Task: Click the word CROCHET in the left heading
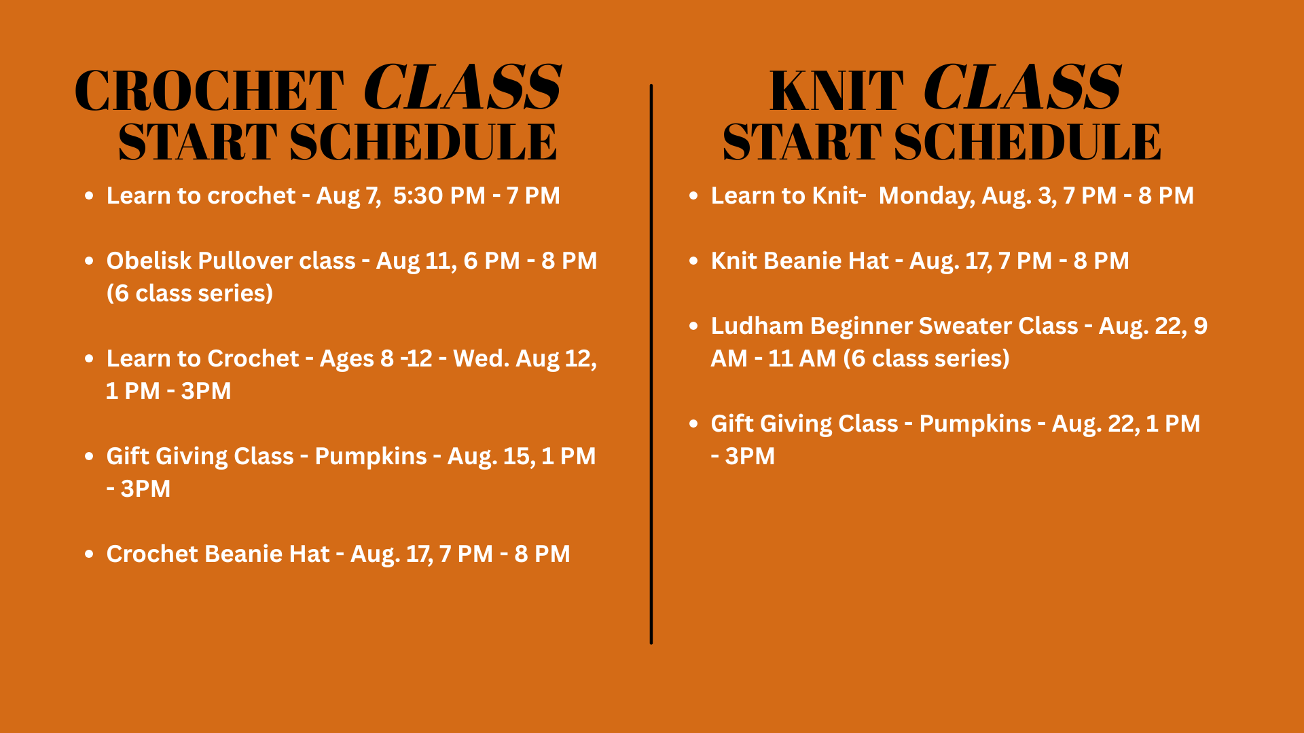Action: (209, 90)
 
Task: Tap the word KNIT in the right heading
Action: (837, 90)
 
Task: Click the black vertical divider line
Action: (651, 364)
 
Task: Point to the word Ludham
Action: (757, 326)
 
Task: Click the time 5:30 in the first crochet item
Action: (418, 195)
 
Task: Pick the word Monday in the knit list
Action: (926, 196)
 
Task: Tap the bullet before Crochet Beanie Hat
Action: (89, 554)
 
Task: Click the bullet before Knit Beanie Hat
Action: (693, 261)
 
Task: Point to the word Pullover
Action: (245, 261)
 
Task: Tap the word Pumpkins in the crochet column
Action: (371, 457)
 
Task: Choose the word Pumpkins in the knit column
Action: (975, 424)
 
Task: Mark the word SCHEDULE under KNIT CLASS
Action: (1028, 142)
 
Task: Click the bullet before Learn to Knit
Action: (693, 195)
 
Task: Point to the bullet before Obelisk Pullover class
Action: (89, 261)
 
